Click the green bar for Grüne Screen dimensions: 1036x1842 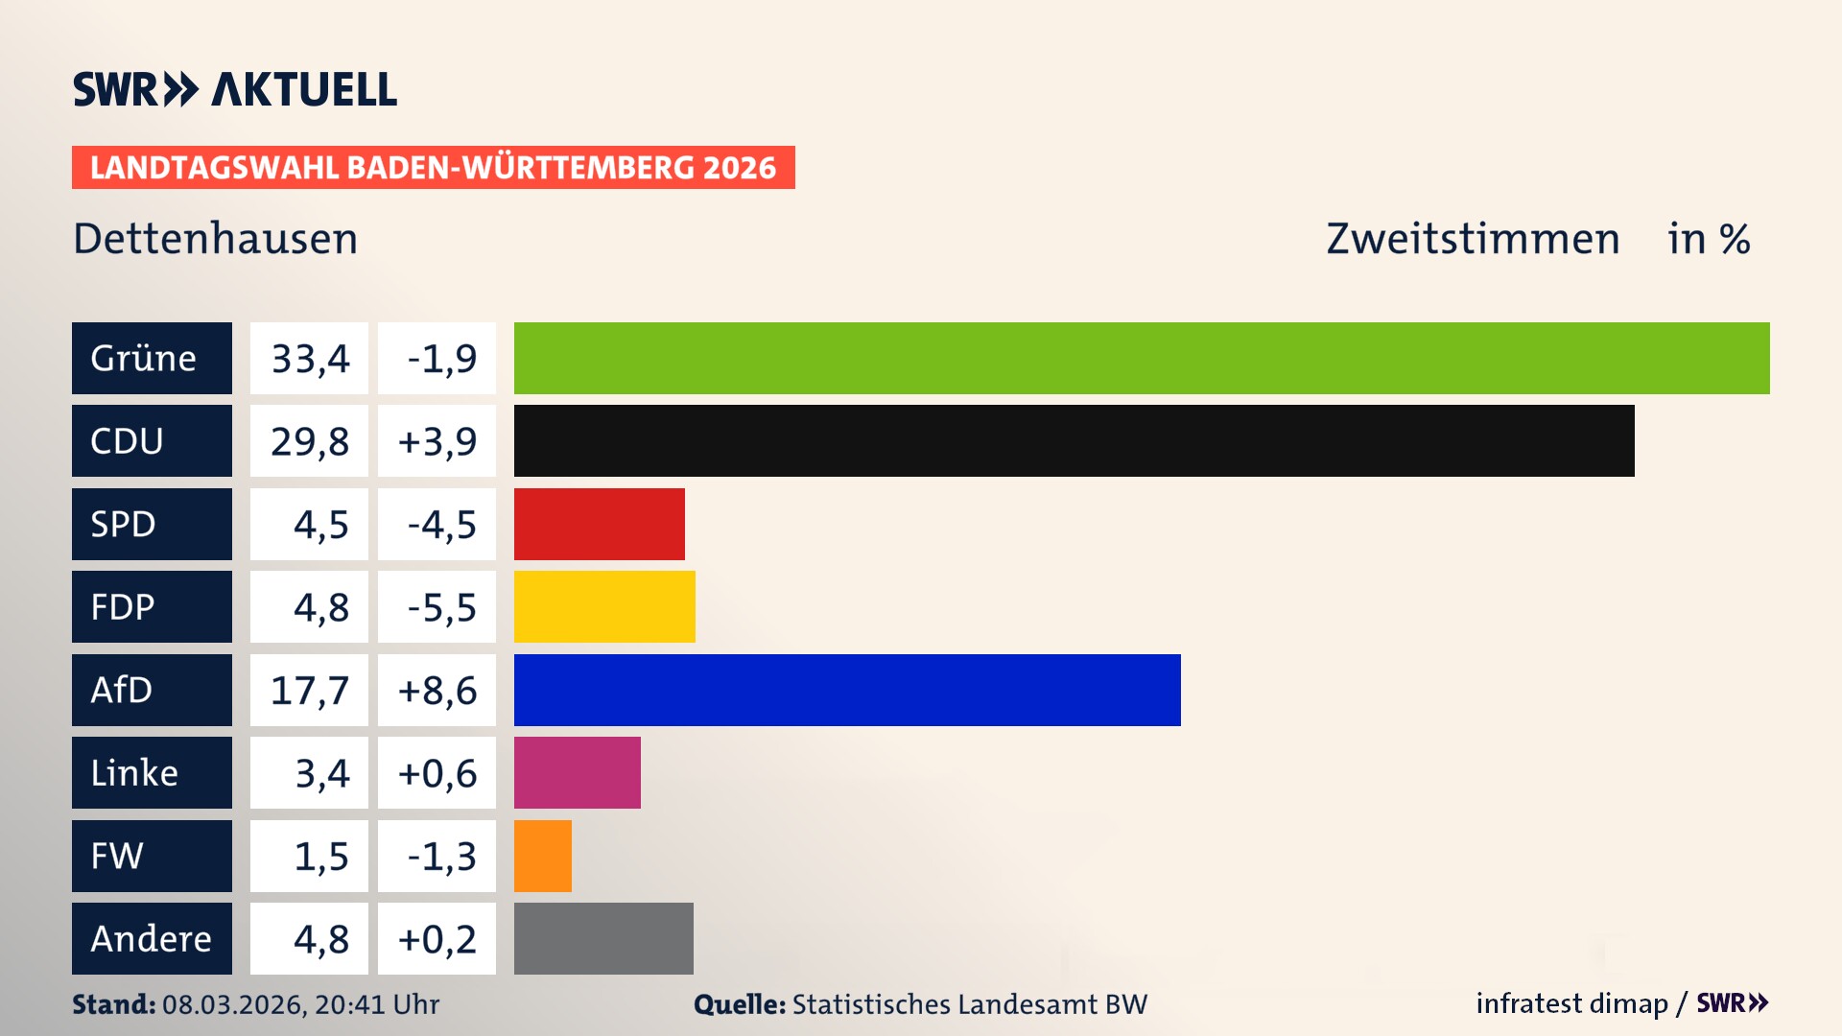[1142, 358]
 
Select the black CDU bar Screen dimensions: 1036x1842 [1074, 440]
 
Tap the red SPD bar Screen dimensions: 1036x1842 [599, 524]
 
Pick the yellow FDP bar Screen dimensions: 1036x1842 [604, 606]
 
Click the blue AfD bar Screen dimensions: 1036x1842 [847, 690]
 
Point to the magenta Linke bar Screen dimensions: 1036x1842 [577, 772]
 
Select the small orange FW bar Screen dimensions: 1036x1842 [542, 856]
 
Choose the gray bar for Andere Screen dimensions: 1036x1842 [603, 938]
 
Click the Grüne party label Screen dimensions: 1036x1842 [152, 358]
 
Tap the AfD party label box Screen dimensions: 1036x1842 [152, 690]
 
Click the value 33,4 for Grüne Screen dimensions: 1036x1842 [309, 358]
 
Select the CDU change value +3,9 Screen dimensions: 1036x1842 [437, 440]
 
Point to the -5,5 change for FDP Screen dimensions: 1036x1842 [437, 606]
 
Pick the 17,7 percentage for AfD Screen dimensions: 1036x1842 [309, 690]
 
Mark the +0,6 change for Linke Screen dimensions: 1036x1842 [437, 772]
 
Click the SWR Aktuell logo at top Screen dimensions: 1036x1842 [234, 89]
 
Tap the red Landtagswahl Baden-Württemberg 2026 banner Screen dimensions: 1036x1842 [433, 167]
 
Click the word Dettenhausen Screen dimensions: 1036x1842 [215, 238]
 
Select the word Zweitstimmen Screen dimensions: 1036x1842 [1473, 238]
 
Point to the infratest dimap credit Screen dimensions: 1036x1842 [1571, 1003]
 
